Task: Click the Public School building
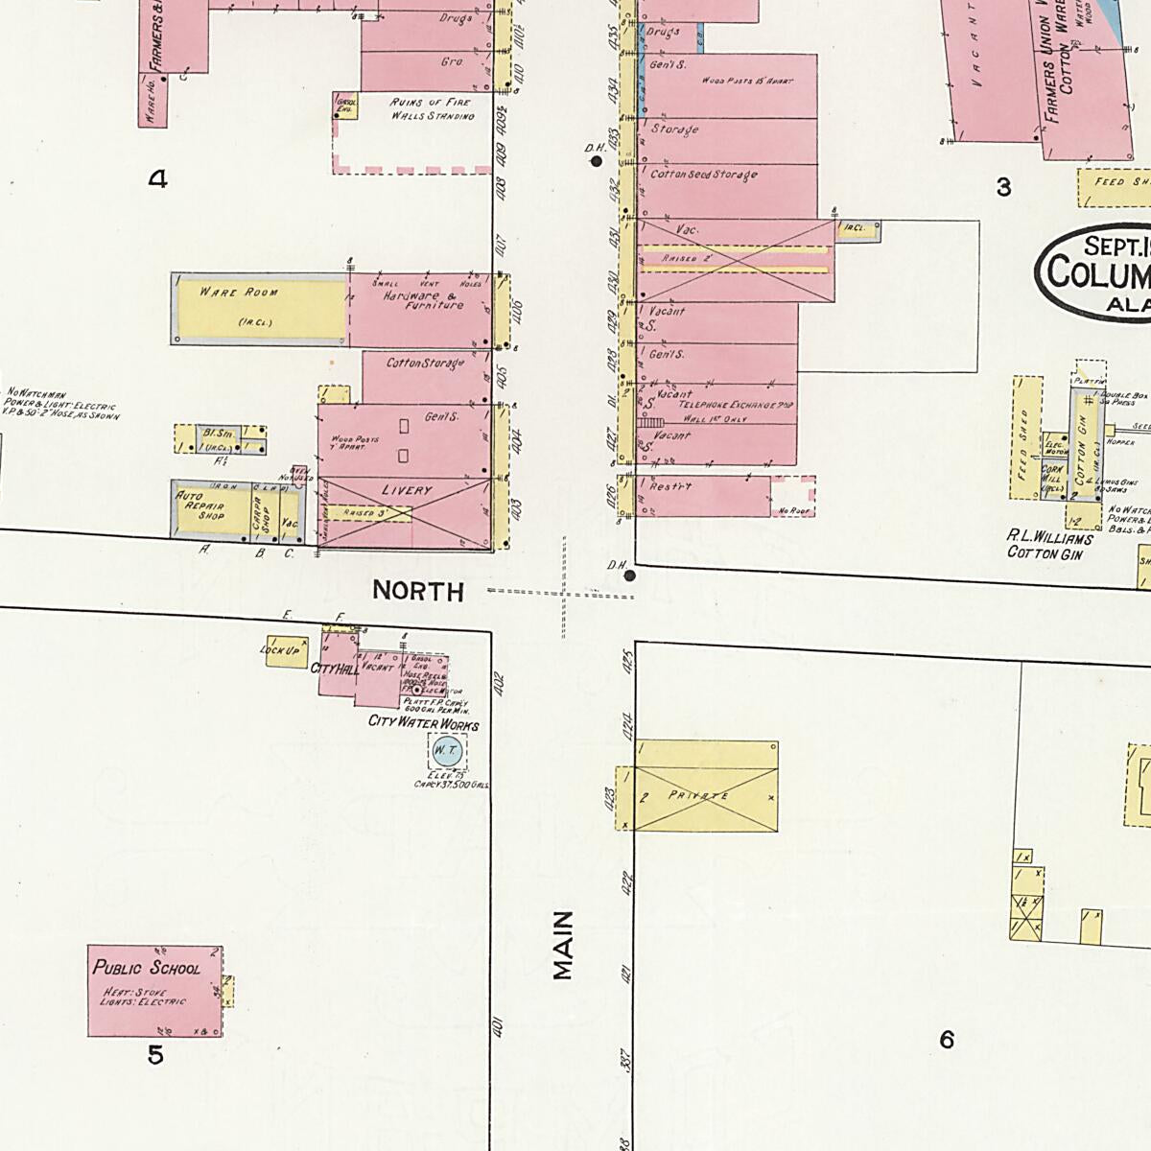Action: (154, 990)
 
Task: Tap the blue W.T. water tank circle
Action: (445, 750)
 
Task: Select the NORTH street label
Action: (418, 591)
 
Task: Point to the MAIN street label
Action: (563, 945)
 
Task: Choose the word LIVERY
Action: (407, 490)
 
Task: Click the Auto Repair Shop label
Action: (200, 506)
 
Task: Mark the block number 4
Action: (157, 178)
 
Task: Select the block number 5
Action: (155, 1055)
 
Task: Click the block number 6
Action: (947, 1039)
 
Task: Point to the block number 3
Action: (1003, 187)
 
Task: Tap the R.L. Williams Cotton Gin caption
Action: (1049, 546)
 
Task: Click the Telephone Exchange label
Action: (736, 406)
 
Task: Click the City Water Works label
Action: (423, 723)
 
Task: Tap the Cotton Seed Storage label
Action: (703, 175)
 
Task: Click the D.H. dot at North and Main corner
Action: (629, 575)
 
